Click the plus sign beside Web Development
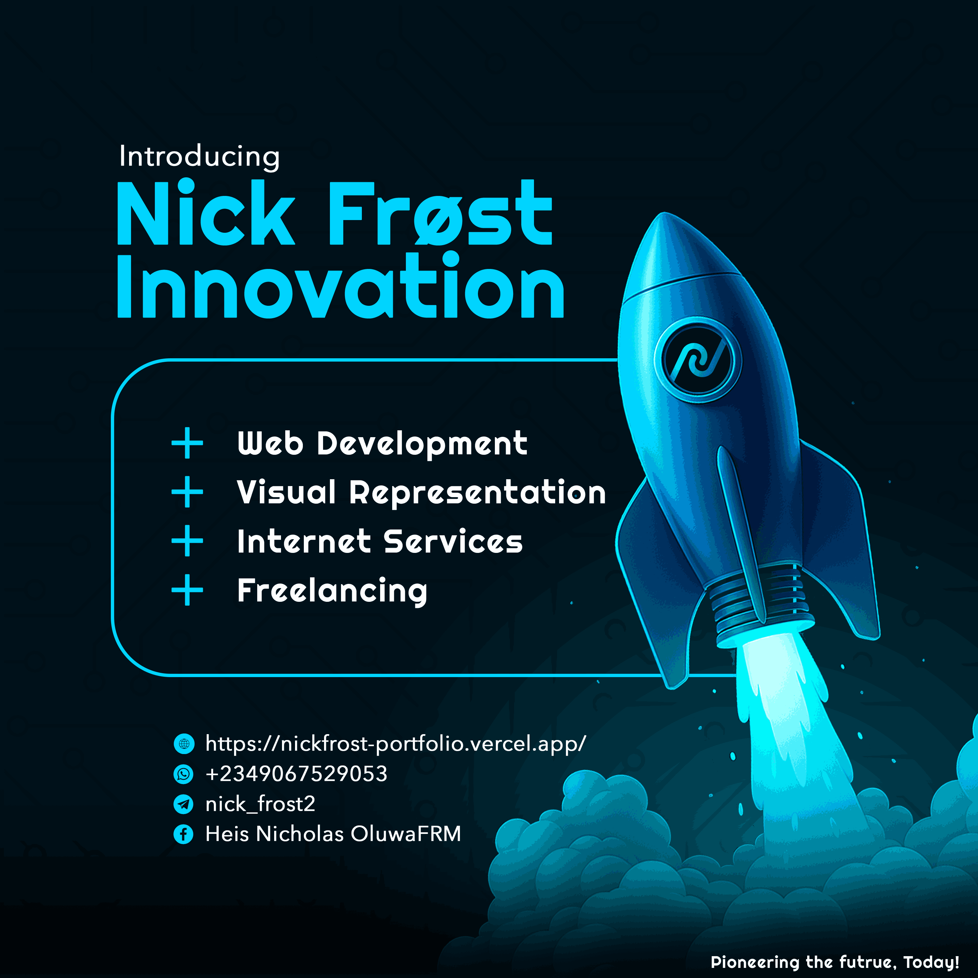(187, 443)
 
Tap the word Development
(422, 444)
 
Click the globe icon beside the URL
(184, 743)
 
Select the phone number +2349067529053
(296, 774)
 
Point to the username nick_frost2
(260, 804)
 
